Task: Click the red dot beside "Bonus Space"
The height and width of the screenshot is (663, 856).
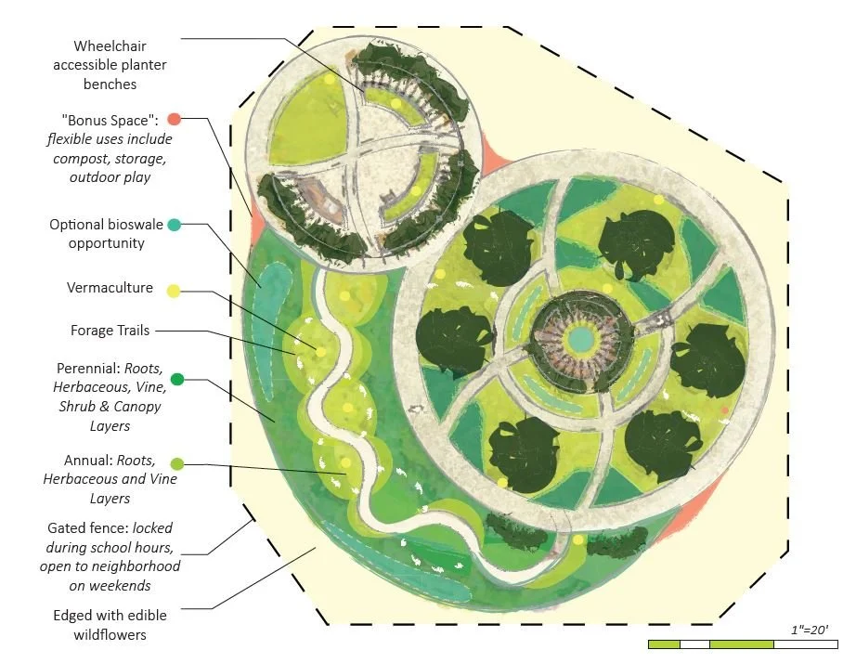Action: pyautogui.click(x=174, y=119)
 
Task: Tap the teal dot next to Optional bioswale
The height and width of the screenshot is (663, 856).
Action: pyautogui.click(x=174, y=224)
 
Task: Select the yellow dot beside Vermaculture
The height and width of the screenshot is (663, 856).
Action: pyautogui.click(x=173, y=292)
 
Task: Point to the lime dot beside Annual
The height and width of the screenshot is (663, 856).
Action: pyautogui.click(x=177, y=461)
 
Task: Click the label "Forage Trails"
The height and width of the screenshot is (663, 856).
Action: pyautogui.click(x=110, y=330)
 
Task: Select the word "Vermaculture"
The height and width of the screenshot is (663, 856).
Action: pyautogui.click(x=110, y=288)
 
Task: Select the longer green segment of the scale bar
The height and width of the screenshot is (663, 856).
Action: pyautogui.click(x=741, y=643)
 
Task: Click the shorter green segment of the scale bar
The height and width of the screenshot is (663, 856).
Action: pyautogui.click(x=664, y=643)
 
